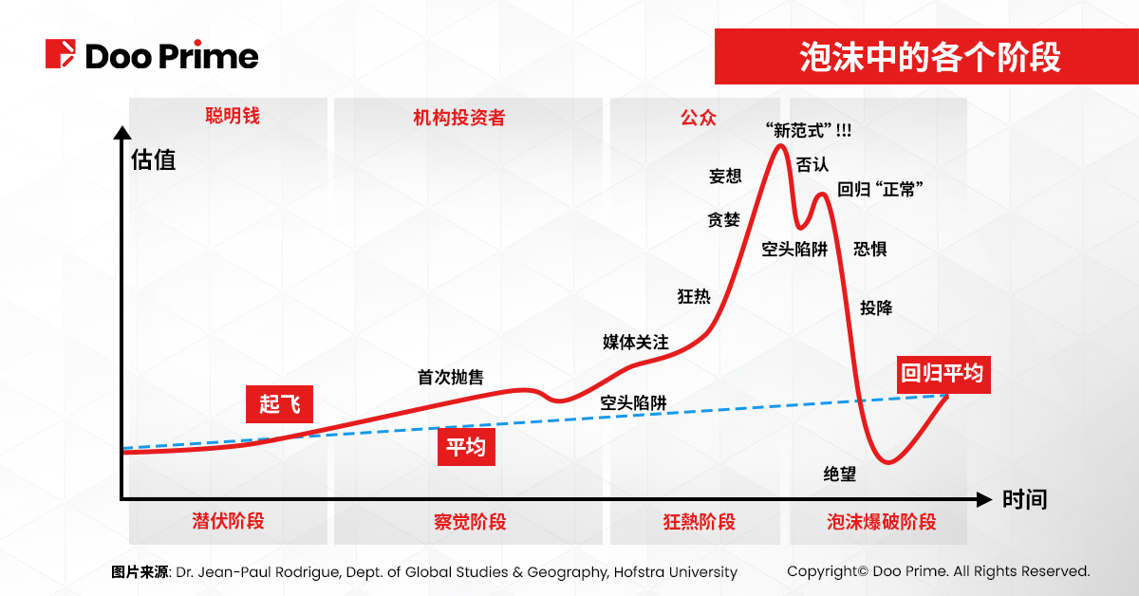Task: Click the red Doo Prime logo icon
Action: pyautogui.click(x=61, y=54)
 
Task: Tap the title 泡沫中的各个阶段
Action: pyautogui.click(x=916, y=57)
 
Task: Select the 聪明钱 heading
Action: pyautogui.click(x=233, y=116)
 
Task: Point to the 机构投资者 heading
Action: pyautogui.click(x=458, y=117)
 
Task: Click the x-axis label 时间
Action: pyautogui.click(x=1024, y=499)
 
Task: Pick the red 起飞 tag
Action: pyautogui.click(x=279, y=403)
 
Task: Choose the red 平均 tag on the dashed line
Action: pyautogui.click(x=466, y=447)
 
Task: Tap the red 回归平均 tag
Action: pyautogui.click(x=943, y=374)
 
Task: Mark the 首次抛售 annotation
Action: pyautogui.click(x=451, y=377)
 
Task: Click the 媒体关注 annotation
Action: pyautogui.click(x=636, y=342)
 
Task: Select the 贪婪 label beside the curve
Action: pyautogui.click(x=723, y=219)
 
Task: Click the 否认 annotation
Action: pyautogui.click(x=812, y=164)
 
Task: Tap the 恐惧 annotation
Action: pyautogui.click(x=870, y=249)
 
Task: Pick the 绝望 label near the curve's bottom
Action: pyautogui.click(x=840, y=474)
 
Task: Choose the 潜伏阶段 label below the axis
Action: pyautogui.click(x=228, y=521)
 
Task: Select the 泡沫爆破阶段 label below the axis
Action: pyautogui.click(x=881, y=521)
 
